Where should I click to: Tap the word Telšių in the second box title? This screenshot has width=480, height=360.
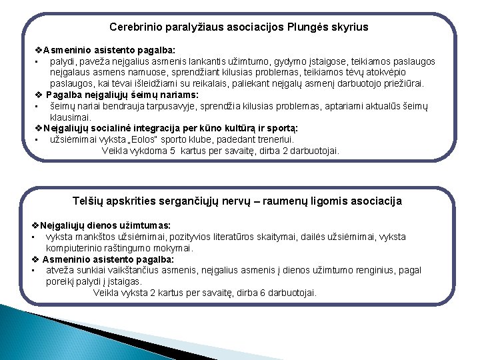88,201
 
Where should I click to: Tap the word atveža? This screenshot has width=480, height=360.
61,270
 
